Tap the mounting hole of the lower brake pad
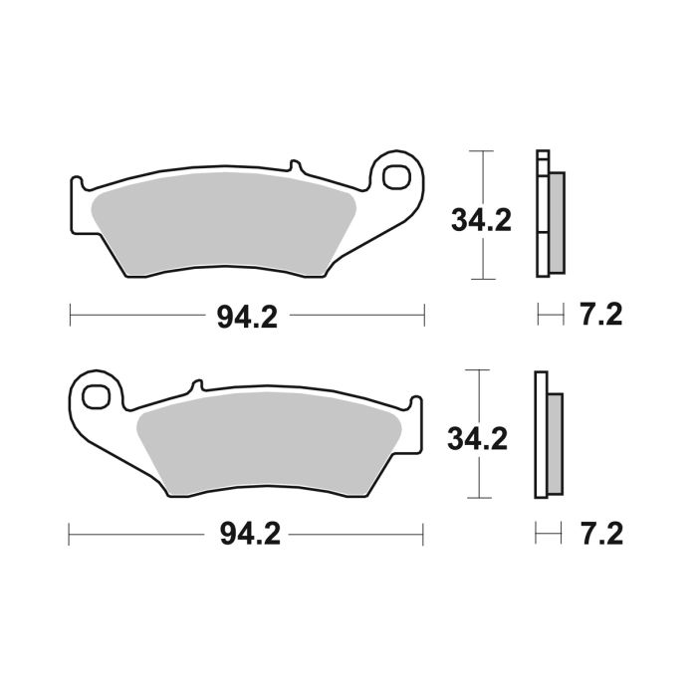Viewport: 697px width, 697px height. coord(97,396)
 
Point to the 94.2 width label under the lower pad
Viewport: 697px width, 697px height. coord(245,534)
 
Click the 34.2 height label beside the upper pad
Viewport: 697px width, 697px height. coord(481,219)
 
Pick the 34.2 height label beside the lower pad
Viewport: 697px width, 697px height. coord(479,438)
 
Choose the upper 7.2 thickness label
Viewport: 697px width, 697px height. coord(600,316)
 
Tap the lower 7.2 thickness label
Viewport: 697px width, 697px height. coord(600,534)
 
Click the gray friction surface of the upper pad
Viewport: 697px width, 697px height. coord(224,224)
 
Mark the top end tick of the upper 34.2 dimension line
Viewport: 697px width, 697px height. coord(481,151)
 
